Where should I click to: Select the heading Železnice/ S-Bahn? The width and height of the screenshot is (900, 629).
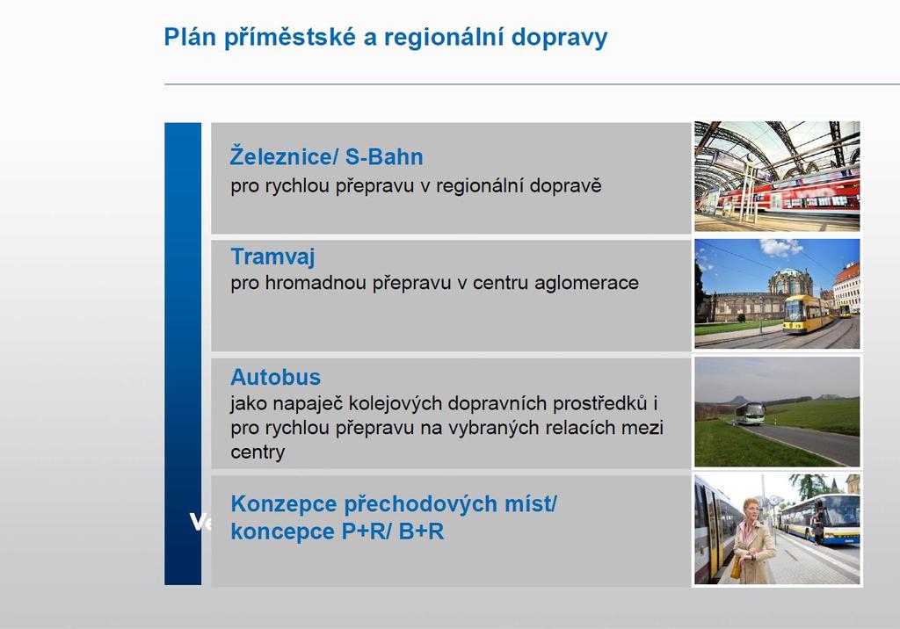[x=327, y=156]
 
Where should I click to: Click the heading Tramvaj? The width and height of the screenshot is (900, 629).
[x=272, y=257]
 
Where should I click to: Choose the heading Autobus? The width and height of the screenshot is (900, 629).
[x=275, y=377]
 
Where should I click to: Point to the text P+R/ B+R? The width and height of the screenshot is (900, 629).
[x=393, y=531]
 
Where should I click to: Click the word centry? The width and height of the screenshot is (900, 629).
[x=258, y=452]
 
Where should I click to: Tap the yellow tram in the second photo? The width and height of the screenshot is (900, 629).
[x=809, y=314]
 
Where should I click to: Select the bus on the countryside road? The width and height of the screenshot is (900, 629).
[x=750, y=413]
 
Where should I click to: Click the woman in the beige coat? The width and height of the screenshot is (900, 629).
[x=753, y=540]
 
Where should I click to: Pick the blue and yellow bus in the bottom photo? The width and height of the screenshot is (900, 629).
[x=821, y=519]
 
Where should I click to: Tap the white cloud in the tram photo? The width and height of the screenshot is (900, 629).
[x=780, y=248]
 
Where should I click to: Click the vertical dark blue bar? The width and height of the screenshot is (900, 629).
[x=183, y=353]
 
